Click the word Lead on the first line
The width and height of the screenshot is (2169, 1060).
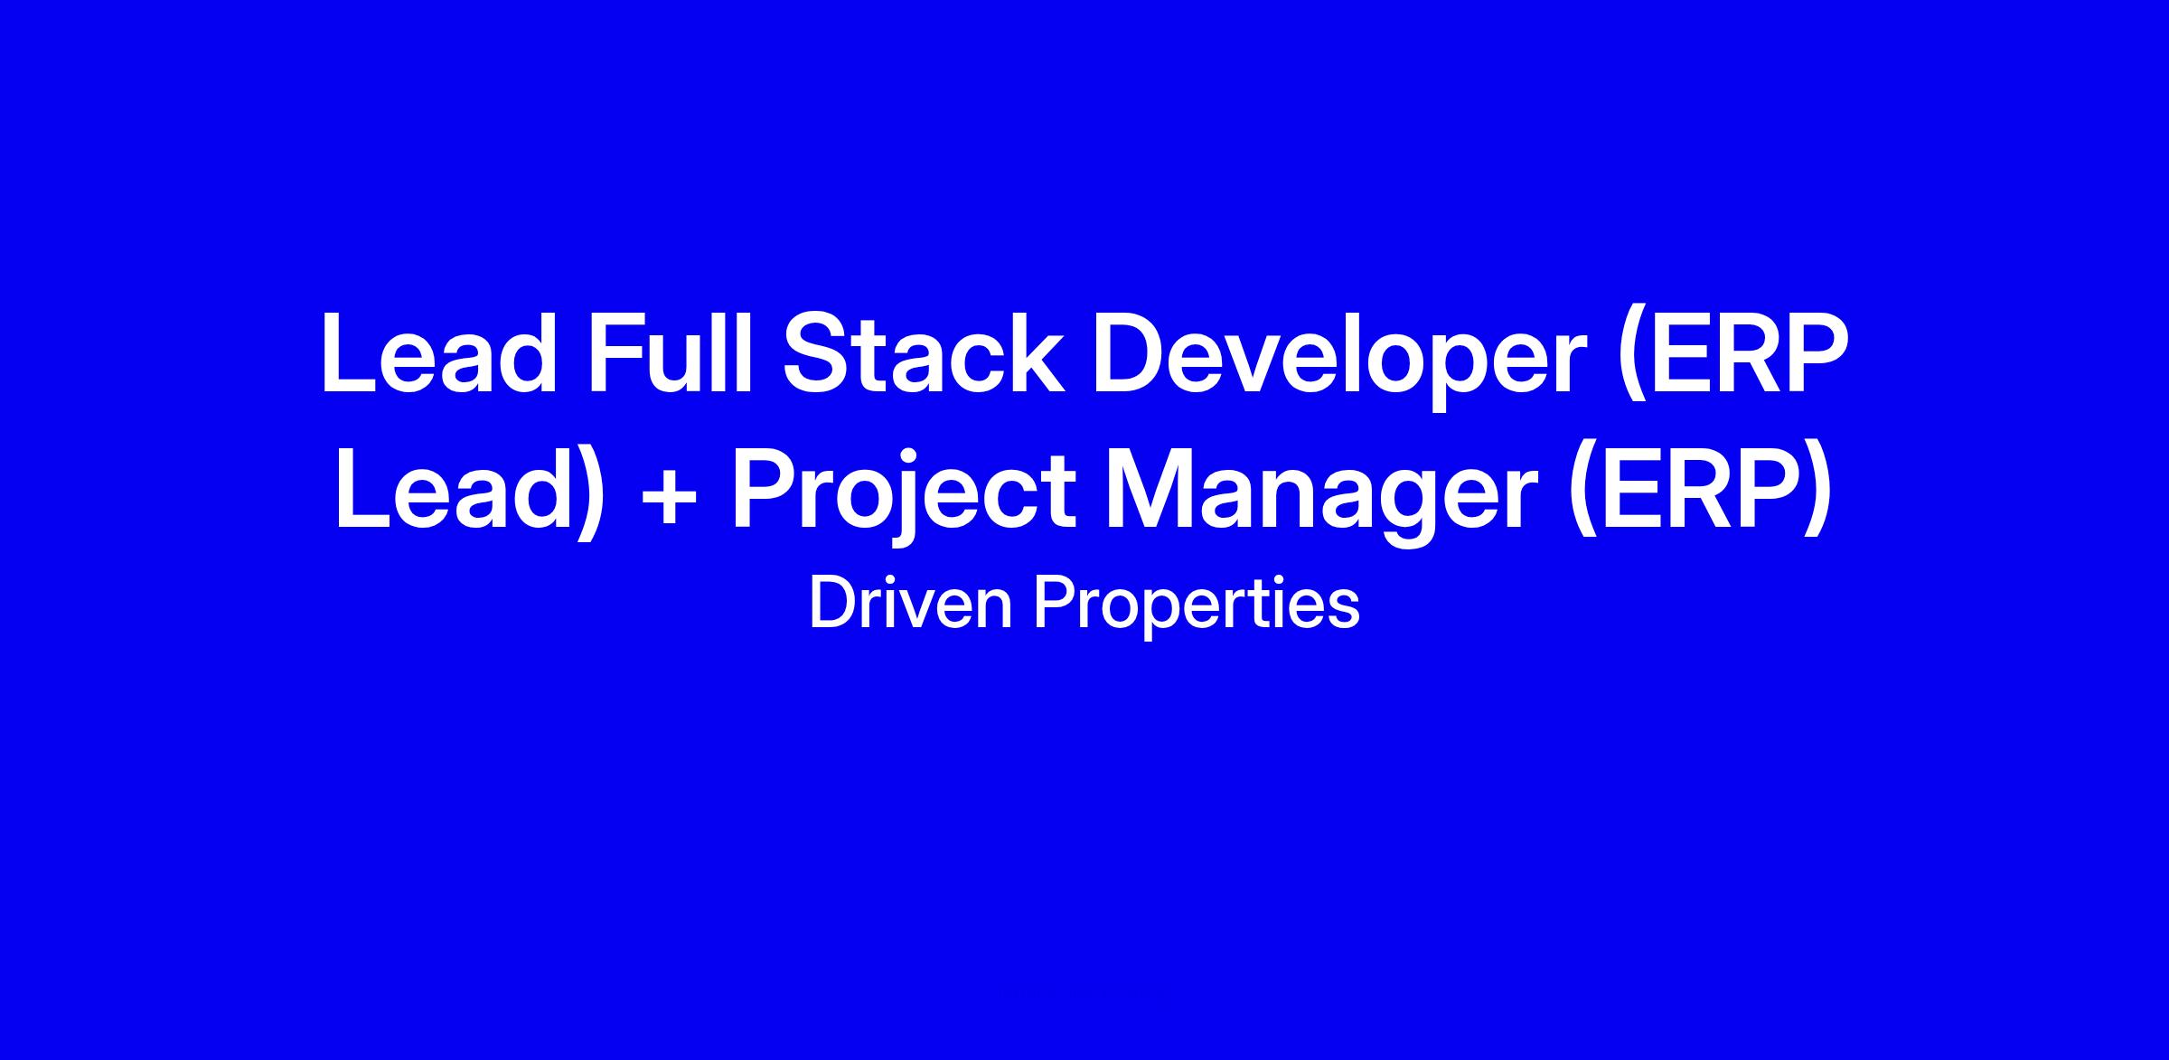[x=439, y=352]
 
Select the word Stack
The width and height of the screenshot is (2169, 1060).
[x=924, y=352]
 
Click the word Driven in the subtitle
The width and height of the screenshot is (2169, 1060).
[x=911, y=603]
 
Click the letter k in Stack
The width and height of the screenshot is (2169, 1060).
[x=1039, y=352]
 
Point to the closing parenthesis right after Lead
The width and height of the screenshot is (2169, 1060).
[x=587, y=493]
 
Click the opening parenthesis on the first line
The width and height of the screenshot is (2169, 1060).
[x=1631, y=360]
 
